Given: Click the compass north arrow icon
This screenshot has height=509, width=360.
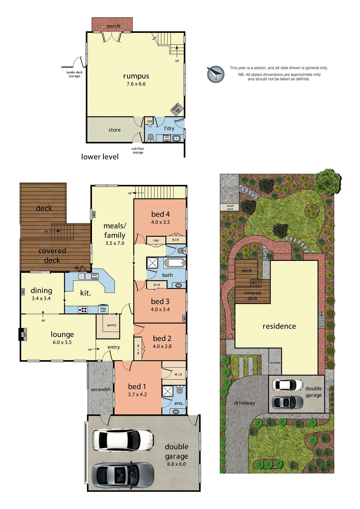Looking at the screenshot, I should (215, 74).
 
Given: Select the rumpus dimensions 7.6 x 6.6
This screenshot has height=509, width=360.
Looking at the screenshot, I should (136, 84).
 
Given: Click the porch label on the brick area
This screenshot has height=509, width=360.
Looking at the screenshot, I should (113, 26).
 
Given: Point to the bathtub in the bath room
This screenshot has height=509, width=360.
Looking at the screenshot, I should (175, 263).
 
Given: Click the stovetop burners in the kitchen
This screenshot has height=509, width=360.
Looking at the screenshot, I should (83, 309).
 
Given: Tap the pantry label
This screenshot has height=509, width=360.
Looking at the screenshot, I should (112, 325).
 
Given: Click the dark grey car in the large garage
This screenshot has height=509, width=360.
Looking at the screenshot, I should (123, 475).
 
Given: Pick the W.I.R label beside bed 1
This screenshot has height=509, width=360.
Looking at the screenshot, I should (178, 374).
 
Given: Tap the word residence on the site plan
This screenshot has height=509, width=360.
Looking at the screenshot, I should (279, 326).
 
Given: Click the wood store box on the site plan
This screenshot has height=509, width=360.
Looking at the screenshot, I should (230, 207).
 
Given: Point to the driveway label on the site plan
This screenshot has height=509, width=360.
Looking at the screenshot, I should (244, 403).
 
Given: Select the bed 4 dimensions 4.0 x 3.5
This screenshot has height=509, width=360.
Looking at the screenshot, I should (160, 222).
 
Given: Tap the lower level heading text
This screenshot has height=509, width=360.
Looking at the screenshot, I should (100, 157).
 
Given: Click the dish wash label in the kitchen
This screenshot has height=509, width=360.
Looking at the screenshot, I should (95, 276).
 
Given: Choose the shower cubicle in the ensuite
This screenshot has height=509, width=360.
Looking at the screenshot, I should (167, 391).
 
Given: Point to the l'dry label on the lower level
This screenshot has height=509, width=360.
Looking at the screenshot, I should (169, 128).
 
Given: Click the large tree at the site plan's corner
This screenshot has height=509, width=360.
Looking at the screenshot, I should (328, 181).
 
